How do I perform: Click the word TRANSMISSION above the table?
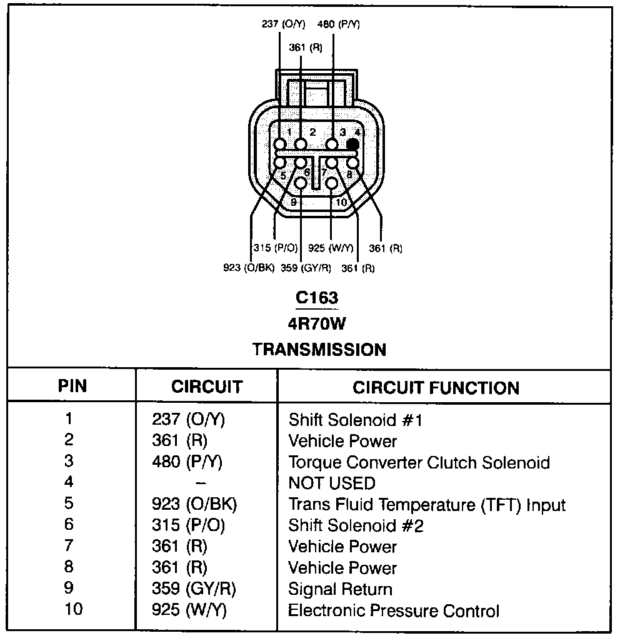tap(319, 349)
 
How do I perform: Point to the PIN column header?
tap(72, 386)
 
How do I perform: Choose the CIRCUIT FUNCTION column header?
tap(436, 388)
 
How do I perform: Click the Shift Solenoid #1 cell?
tap(356, 420)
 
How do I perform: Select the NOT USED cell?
tap(331, 484)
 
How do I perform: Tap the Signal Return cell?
tap(340, 589)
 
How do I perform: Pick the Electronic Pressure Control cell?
tap(394, 610)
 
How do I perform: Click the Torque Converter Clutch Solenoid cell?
tap(419, 463)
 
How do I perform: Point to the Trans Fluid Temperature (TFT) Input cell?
tap(427, 505)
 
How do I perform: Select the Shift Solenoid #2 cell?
tap(356, 526)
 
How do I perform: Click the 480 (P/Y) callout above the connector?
tap(338, 24)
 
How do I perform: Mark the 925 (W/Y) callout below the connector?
tap(331, 248)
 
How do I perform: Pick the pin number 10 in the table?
tap(73, 609)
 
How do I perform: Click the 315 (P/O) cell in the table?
tap(188, 526)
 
